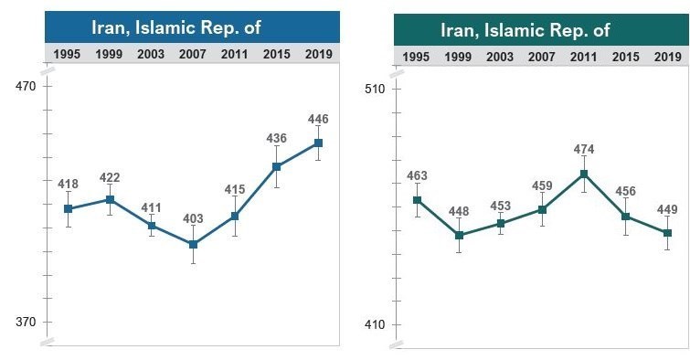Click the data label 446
[x=318, y=120]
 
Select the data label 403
[x=193, y=218]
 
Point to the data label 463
[x=417, y=175]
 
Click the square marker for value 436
[x=277, y=166]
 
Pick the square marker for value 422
[x=110, y=199]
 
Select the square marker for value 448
[x=459, y=236]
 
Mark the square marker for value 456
[x=626, y=217]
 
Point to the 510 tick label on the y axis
[x=375, y=90]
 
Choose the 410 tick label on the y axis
[x=375, y=325]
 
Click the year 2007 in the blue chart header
[x=193, y=54]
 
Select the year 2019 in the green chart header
[x=668, y=57]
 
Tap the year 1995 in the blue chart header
[x=68, y=54]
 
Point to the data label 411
[x=151, y=208]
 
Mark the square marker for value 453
[x=501, y=223]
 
